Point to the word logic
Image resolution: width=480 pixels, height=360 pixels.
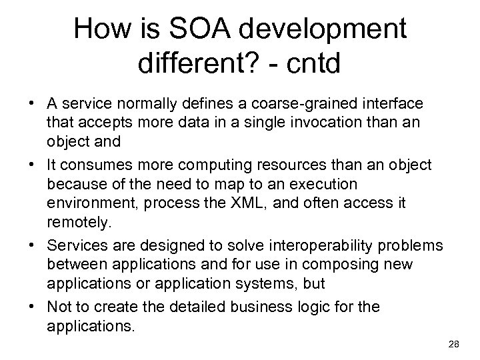tap(339, 307)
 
